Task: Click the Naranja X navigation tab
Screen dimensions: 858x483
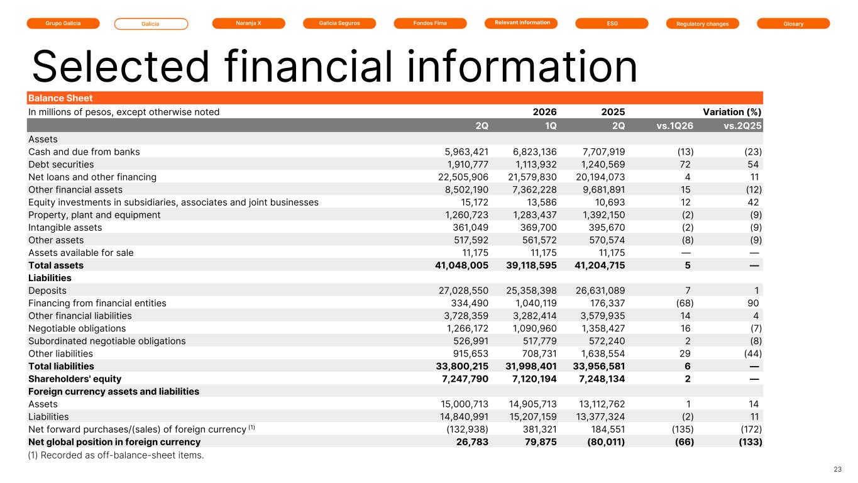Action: point(248,23)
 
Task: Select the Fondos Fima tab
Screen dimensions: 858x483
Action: point(430,23)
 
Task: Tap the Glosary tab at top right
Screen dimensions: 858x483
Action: point(793,24)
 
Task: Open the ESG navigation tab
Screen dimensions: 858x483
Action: point(612,23)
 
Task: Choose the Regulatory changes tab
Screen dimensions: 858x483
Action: point(703,24)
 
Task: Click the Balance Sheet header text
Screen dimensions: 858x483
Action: point(60,98)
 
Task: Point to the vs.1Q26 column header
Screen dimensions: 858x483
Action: point(674,126)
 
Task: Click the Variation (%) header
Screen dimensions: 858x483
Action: point(732,112)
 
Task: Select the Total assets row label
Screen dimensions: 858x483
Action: point(56,265)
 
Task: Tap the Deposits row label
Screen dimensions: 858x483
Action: point(47,291)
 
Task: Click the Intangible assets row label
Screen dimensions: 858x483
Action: point(65,228)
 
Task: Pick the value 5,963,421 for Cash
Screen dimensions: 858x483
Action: point(466,152)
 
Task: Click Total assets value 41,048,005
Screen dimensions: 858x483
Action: point(461,265)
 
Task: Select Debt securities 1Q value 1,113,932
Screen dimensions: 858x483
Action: point(535,164)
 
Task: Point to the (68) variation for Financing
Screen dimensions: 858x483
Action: point(685,303)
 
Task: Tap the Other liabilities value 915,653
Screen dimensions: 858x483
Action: point(471,354)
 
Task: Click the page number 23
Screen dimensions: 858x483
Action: point(838,469)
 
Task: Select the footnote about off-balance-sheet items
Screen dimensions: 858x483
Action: point(116,455)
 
